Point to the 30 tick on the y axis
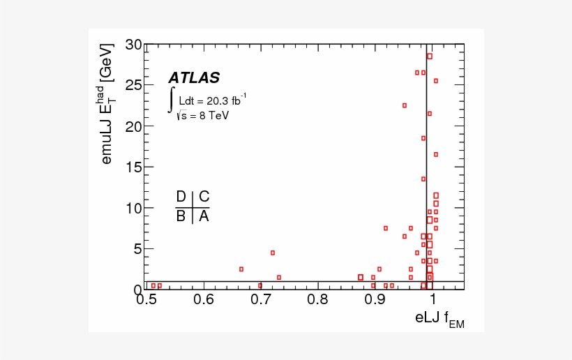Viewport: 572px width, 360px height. pos(133,45)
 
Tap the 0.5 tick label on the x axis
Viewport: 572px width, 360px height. pos(146,300)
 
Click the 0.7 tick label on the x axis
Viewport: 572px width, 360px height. pos(261,300)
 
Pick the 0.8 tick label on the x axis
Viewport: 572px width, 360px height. pos(318,300)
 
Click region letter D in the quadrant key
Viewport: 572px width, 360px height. pos(181,197)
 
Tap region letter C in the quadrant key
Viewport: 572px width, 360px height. pos(204,197)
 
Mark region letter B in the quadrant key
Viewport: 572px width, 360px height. pos(181,216)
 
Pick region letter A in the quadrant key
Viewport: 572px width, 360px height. pos(204,216)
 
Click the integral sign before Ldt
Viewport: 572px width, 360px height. pos(170,100)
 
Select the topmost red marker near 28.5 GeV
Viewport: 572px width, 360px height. pos(430,57)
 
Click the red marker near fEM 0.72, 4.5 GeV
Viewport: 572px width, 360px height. pos(273,253)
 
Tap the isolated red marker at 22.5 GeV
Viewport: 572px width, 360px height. pos(405,105)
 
